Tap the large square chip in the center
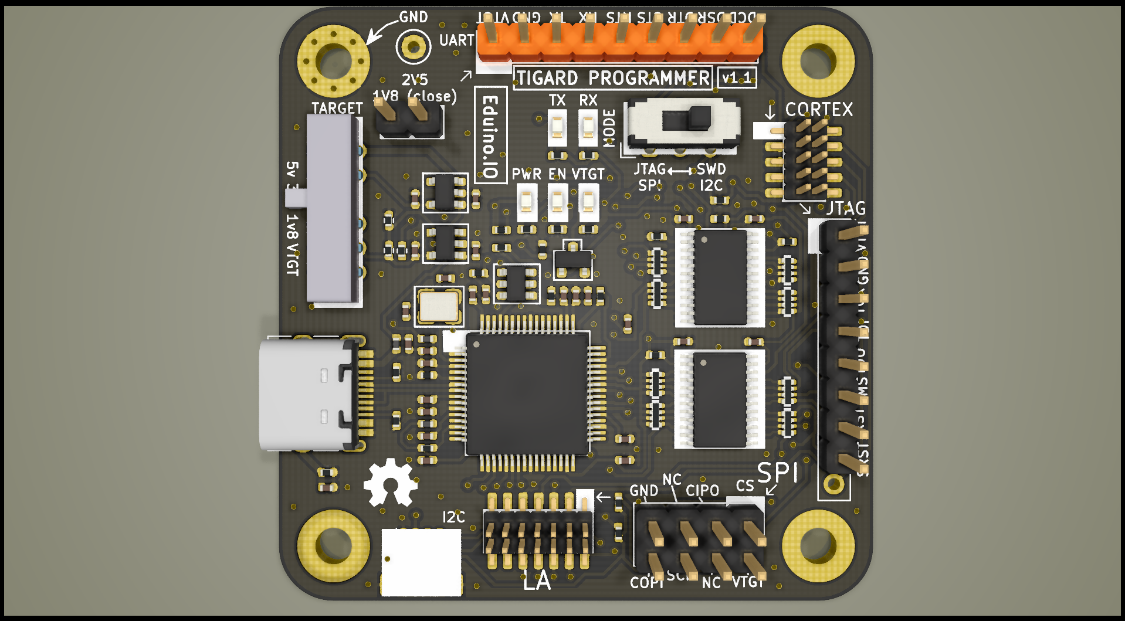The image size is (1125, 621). click(x=527, y=393)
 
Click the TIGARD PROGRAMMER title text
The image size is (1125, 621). click(x=613, y=78)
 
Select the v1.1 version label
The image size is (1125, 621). click(x=736, y=77)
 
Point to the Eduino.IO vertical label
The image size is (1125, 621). click(x=490, y=136)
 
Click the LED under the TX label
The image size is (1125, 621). click(x=557, y=128)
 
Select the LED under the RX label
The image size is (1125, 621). click(x=588, y=128)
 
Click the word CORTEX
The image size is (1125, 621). click(x=819, y=110)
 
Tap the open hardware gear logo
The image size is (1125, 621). click(x=390, y=483)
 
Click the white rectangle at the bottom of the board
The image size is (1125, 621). click(x=421, y=562)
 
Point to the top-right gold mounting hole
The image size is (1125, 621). click(x=818, y=60)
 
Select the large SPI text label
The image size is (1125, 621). click(x=777, y=473)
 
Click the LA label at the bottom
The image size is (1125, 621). click(x=537, y=581)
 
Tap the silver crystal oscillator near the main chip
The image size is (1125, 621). click(x=439, y=306)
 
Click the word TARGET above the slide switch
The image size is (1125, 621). click(x=337, y=108)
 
